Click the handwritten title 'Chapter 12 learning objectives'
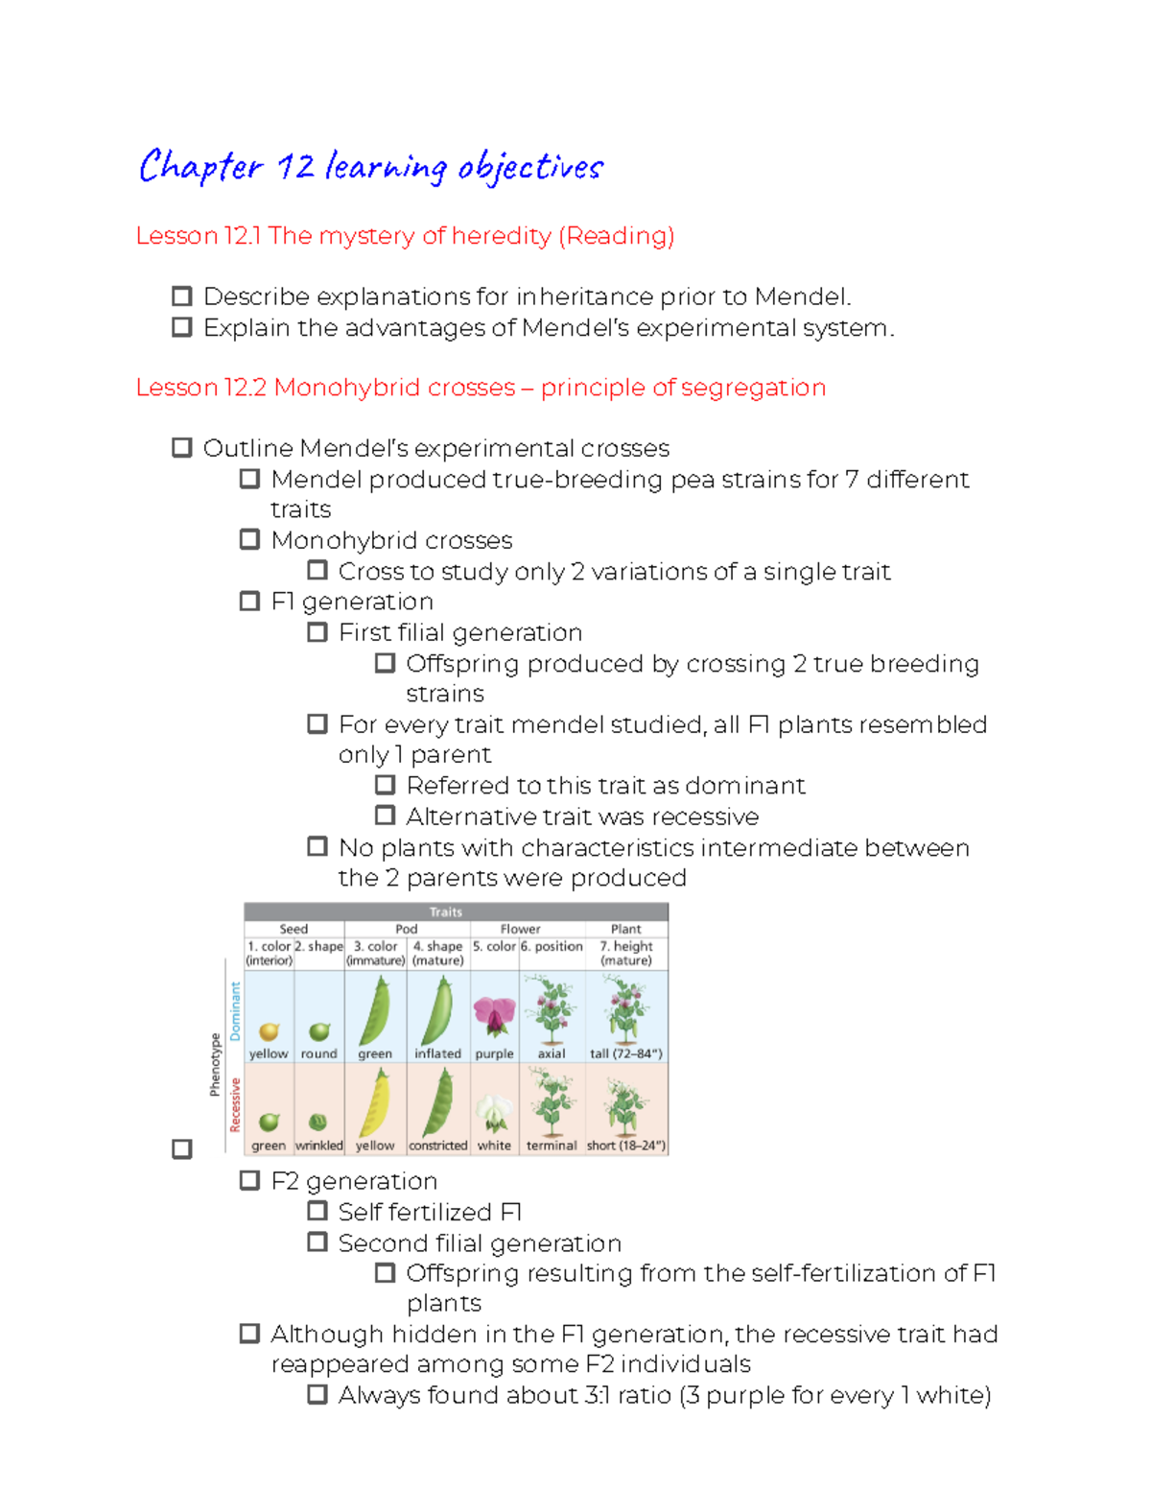point(370,167)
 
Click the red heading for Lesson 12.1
point(405,236)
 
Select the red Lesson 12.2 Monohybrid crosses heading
point(480,388)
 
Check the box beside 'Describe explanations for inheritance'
point(181,296)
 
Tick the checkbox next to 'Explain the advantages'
point(181,327)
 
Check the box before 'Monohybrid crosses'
point(249,539)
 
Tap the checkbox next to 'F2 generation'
point(249,1180)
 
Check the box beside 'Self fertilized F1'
point(317,1211)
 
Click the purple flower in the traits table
point(494,1016)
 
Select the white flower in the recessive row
point(494,1113)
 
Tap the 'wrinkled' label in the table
point(319,1146)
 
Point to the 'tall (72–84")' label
point(625,1053)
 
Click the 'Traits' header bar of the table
point(446,911)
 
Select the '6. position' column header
point(552,946)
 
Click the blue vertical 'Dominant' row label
point(235,1010)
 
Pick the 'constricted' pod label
point(438,1146)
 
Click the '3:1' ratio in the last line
point(598,1395)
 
